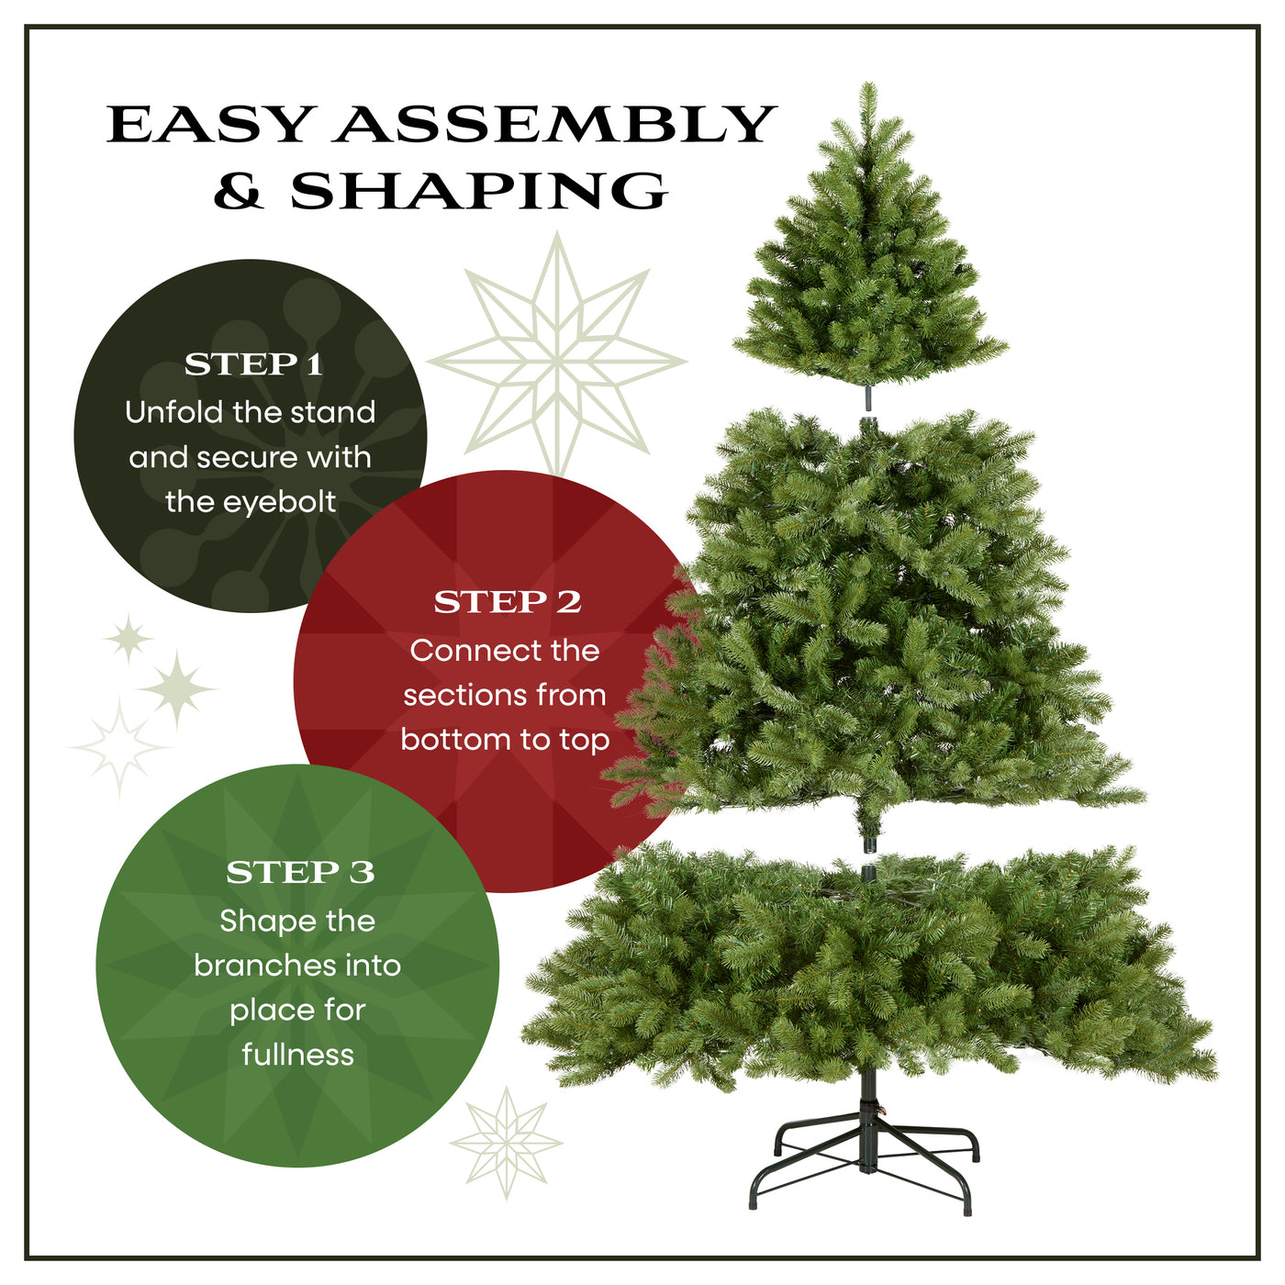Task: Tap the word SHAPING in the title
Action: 479,191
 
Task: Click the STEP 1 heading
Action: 253,364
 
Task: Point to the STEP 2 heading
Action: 508,602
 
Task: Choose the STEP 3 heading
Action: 300,872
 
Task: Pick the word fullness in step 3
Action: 297,1054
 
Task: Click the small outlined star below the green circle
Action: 506,1142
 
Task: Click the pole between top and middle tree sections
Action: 867,401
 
